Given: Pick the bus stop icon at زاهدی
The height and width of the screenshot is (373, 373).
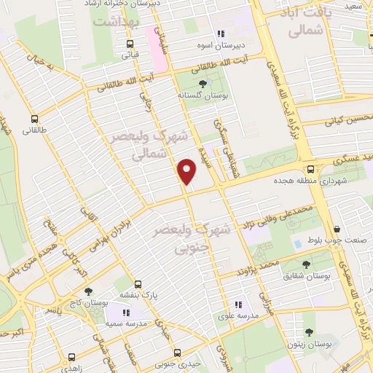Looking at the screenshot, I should tap(71, 357).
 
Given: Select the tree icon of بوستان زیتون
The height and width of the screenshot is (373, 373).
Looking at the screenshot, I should tap(310, 331).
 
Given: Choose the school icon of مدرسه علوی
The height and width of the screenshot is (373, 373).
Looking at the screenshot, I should tap(237, 305).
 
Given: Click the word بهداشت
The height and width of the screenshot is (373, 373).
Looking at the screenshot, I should tap(117, 23).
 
